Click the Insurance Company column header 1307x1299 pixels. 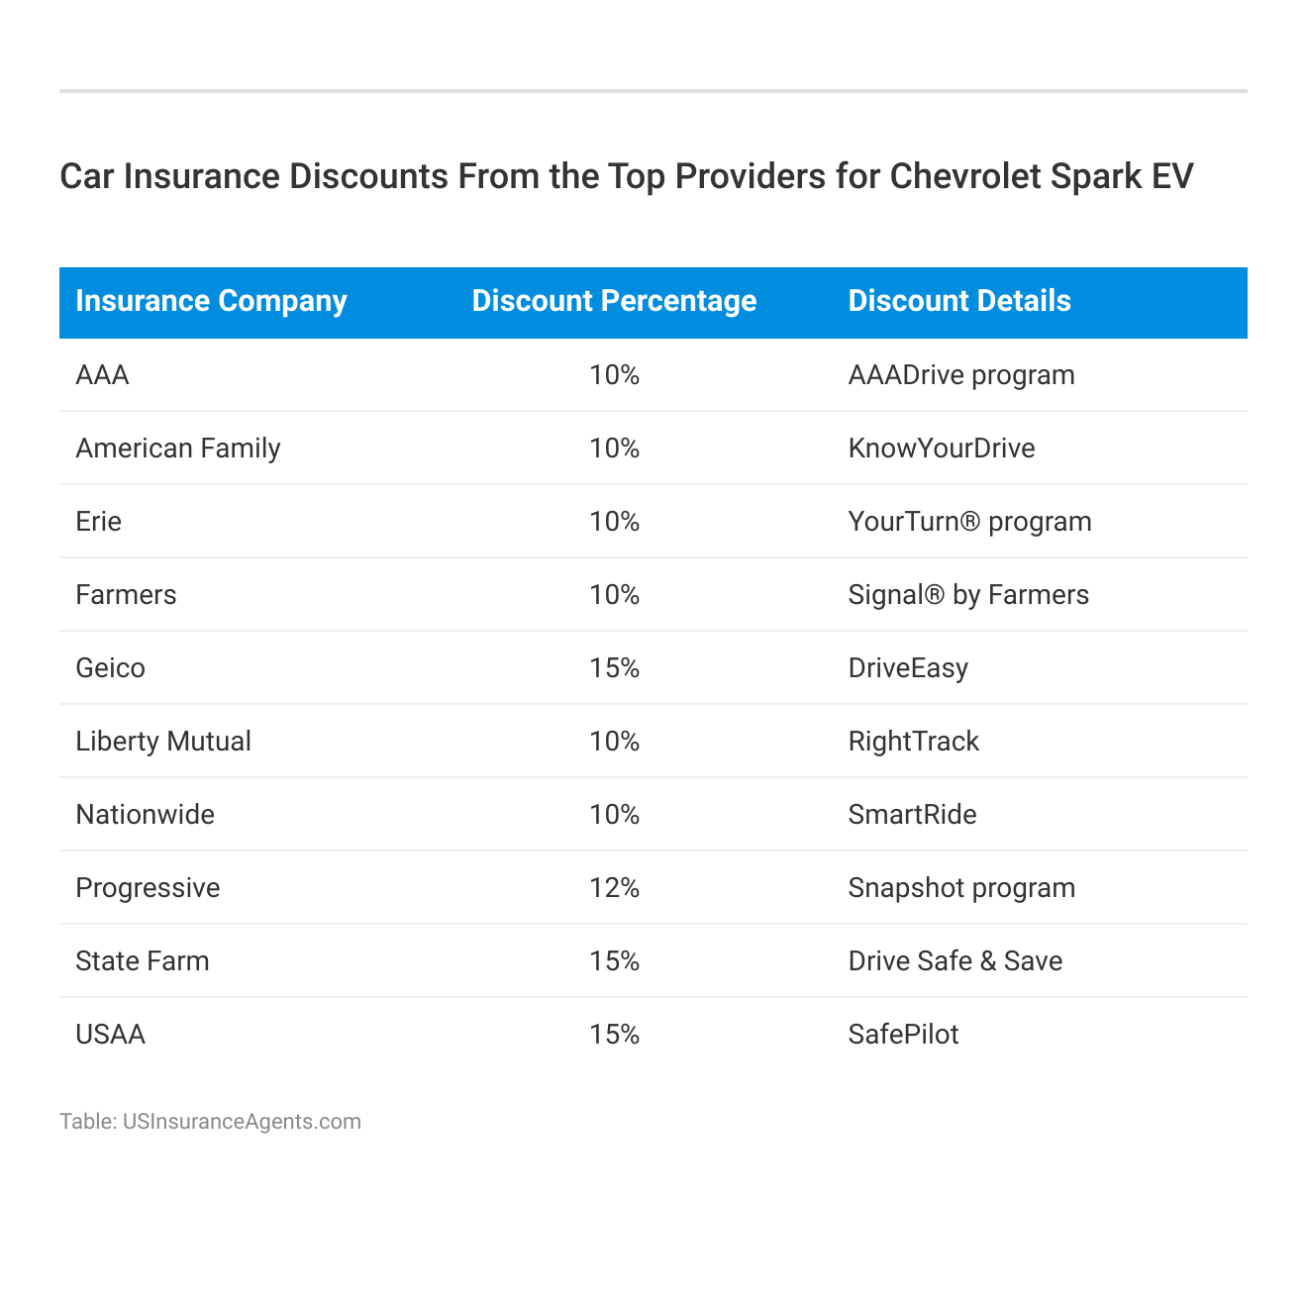click(211, 301)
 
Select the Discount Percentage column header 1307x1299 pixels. click(614, 301)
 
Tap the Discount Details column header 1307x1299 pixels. click(959, 301)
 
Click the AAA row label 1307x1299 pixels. click(102, 375)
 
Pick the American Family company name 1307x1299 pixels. click(178, 449)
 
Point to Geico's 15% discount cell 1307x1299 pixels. click(614, 668)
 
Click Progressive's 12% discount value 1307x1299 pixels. click(614, 888)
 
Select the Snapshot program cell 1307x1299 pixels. click(961, 888)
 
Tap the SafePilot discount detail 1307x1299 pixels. click(903, 1035)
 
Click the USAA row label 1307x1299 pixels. click(110, 1035)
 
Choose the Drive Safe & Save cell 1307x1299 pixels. click(955, 961)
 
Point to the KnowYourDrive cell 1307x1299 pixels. click(941, 449)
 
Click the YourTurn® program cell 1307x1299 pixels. click(969, 522)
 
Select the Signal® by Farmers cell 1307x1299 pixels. click(968, 595)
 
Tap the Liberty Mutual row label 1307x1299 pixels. click(163, 742)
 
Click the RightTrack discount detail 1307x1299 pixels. click(913, 742)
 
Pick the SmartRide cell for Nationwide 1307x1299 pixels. click(912, 815)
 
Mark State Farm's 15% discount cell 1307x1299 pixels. click(614, 961)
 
